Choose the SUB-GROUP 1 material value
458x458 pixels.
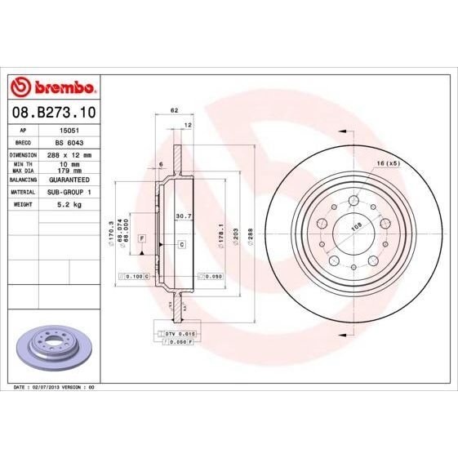[67, 191]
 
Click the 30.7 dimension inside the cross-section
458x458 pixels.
[184, 216]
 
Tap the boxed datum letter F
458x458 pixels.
[142, 237]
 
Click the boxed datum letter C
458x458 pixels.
[181, 244]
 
